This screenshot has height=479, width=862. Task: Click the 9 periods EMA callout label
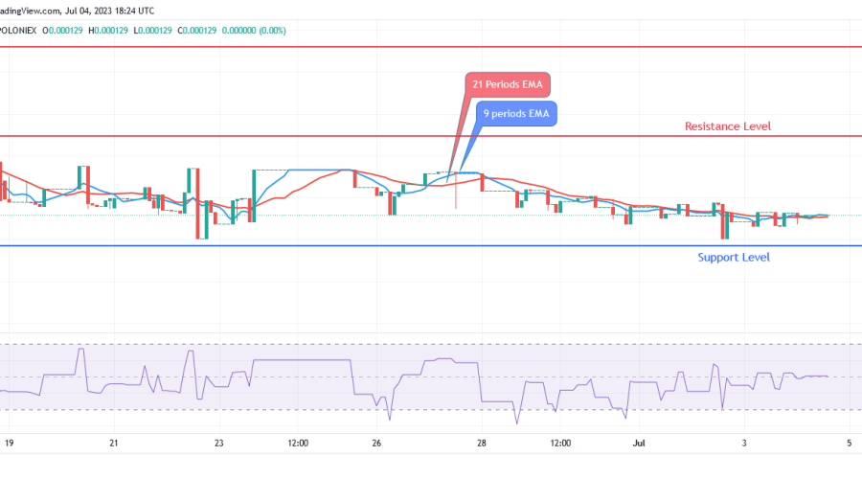[x=516, y=114]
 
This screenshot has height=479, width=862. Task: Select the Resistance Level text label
[x=727, y=126]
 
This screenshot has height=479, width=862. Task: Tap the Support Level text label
[x=733, y=257]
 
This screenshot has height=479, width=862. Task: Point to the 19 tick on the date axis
[x=9, y=444]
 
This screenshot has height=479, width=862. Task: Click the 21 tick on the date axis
[x=114, y=444]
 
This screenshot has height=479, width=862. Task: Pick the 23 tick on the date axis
[x=219, y=444]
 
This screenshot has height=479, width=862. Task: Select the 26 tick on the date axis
[x=377, y=444]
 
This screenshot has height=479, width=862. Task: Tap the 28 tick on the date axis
[x=483, y=444]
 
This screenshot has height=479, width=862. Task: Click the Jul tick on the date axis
[x=640, y=444]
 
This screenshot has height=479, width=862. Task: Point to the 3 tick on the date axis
[x=745, y=444]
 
